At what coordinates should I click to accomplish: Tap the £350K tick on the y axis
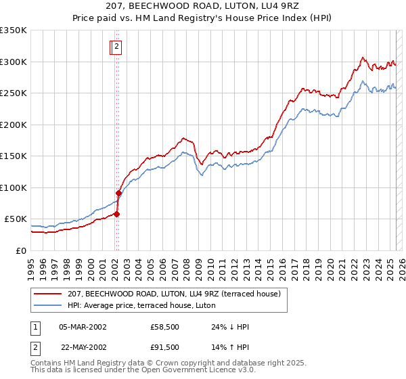(14, 30)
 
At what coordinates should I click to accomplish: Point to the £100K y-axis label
(14, 187)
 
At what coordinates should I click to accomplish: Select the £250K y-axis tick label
(14, 93)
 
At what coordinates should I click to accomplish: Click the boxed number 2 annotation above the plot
(116, 47)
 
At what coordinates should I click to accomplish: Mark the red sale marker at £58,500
(116, 214)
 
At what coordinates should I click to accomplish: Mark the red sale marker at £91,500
(118, 193)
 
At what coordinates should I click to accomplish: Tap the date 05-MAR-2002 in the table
(83, 327)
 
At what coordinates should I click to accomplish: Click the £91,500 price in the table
(165, 347)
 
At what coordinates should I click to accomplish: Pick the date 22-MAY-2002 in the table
(83, 347)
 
